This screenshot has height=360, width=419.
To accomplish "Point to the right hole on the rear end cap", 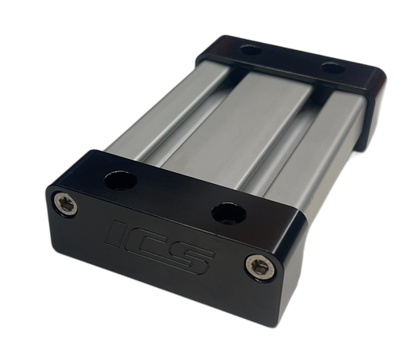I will click(x=333, y=68).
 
